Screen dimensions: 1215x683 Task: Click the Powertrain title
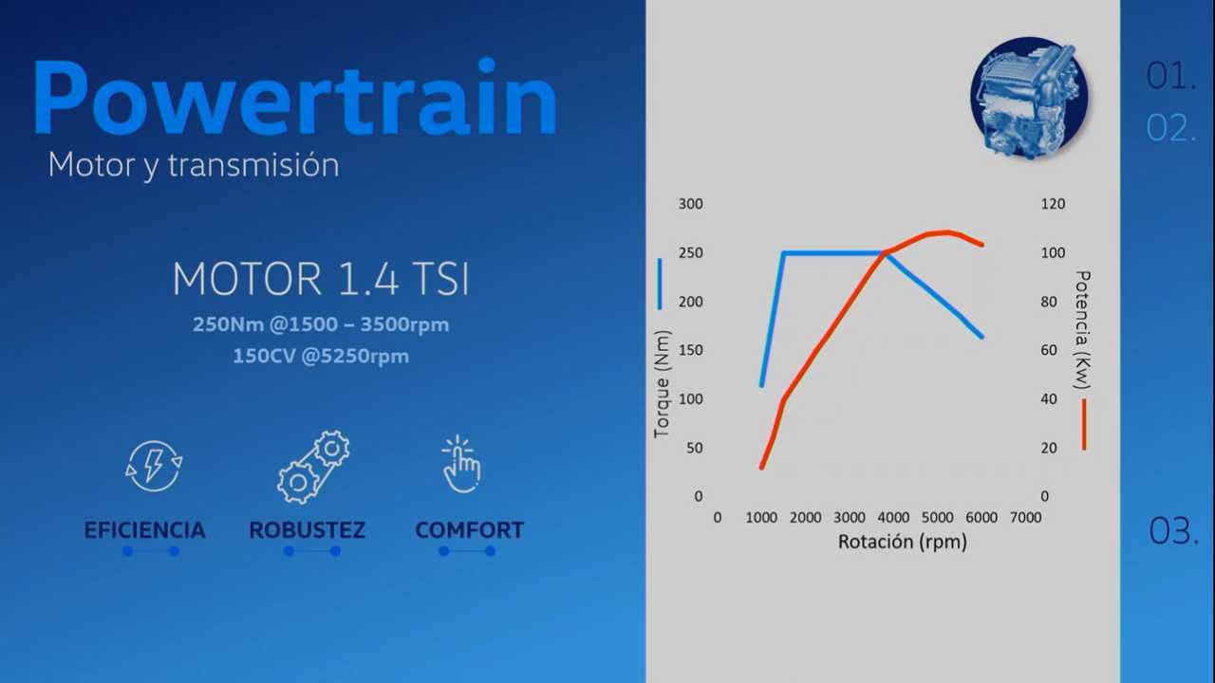295,97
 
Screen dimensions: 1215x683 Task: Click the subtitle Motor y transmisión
194,165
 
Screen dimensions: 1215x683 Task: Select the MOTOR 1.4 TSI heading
321,279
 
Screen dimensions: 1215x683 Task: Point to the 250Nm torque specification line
321,324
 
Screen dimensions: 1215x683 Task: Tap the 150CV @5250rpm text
321,356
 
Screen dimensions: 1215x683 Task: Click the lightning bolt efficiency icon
154,466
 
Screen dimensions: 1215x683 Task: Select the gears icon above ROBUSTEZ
313,467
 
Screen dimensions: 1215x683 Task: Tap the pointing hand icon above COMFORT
461,464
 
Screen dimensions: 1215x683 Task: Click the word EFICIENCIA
144,530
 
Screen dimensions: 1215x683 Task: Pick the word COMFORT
469,530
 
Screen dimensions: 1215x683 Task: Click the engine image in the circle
1029,98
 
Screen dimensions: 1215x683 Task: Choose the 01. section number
1171,76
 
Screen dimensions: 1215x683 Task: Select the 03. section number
1173,530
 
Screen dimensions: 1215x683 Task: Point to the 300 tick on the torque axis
690,204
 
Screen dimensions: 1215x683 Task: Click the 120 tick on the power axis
1053,204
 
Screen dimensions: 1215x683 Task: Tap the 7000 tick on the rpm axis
1025,518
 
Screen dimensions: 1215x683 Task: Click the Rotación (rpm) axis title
903,542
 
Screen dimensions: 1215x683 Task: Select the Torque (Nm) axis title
663,384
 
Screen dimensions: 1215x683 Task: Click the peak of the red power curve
947,232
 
